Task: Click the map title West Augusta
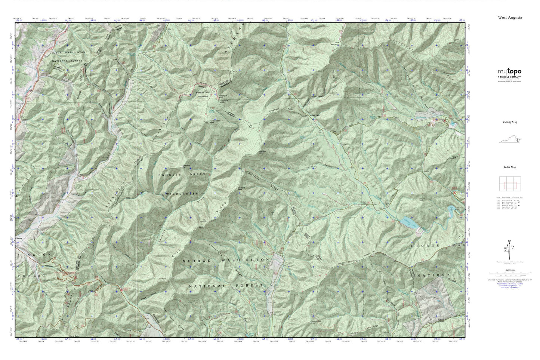(x=510, y=18)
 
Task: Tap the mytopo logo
(x=509, y=72)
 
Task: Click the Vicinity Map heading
(x=510, y=122)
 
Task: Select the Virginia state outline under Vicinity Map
(x=510, y=140)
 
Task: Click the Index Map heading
(x=510, y=167)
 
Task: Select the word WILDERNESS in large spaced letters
(x=182, y=194)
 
